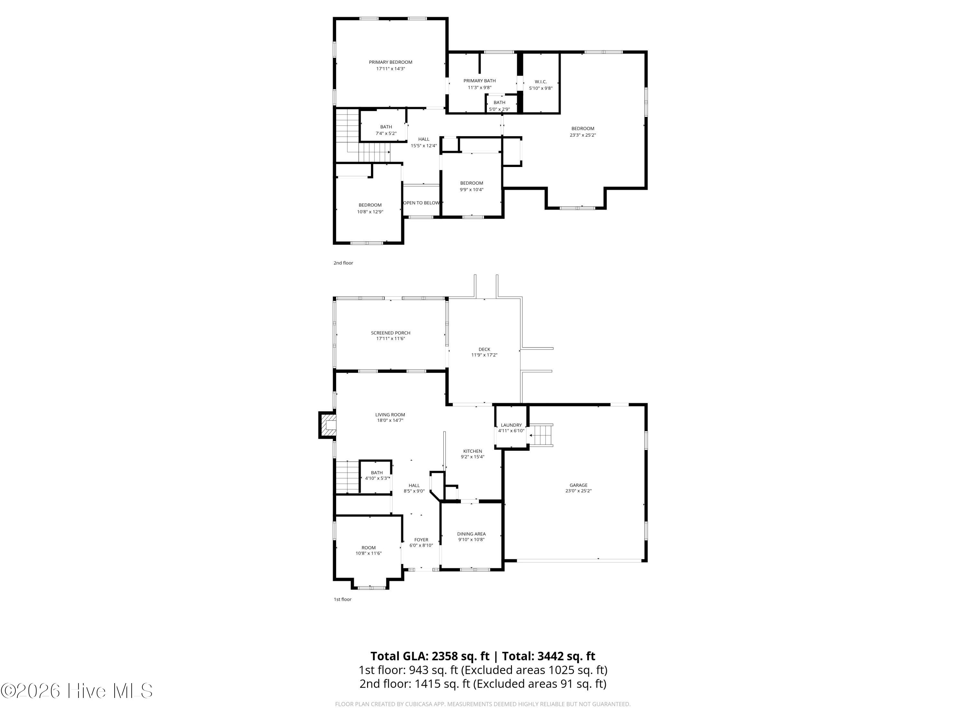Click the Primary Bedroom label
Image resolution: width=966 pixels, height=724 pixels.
click(x=390, y=62)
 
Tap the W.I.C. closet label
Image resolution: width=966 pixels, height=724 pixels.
click(x=541, y=82)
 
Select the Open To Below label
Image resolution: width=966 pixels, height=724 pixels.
click(x=421, y=203)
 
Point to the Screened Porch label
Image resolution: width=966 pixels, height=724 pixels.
click(x=390, y=333)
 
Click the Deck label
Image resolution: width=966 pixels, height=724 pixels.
click(x=484, y=349)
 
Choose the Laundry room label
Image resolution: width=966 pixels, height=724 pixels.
click(x=511, y=425)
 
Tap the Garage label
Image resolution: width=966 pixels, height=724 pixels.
click(x=579, y=485)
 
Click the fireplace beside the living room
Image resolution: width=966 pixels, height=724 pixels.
click(x=327, y=425)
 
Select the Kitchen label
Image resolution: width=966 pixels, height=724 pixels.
click(x=472, y=451)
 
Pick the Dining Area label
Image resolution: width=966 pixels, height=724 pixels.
click(x=471, y=534)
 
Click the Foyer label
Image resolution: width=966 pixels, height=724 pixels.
click(x=421, y=540)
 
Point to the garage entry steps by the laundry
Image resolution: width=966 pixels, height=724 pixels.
click(x=541, y=435)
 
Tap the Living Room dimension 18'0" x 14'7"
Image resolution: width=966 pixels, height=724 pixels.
click(x=390, y=421)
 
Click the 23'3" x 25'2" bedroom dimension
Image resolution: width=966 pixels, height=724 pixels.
click(x=582, y=135)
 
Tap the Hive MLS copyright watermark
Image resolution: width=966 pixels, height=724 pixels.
click(x=77, y=691)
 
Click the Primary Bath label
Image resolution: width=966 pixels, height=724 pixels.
click(x=479, y=81)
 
